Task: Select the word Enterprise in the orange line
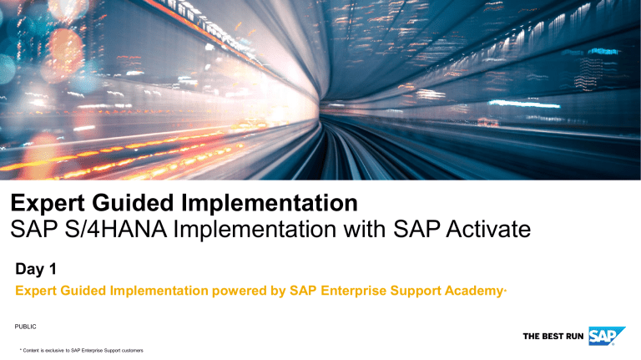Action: click(x=349, y=292)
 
